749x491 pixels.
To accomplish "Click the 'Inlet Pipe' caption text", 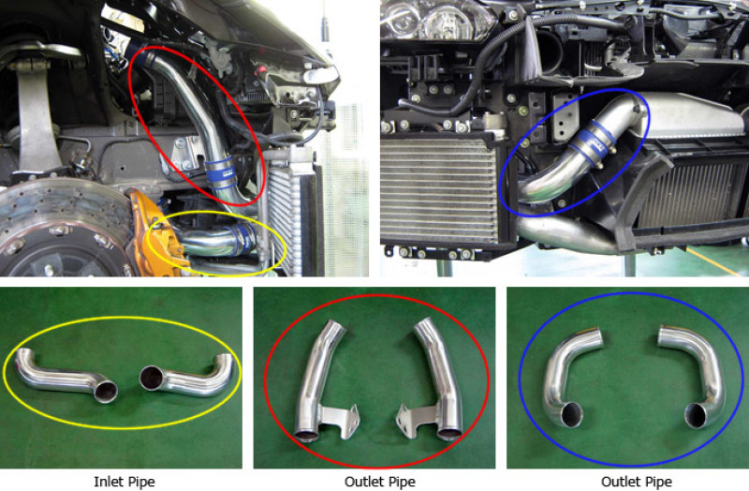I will [x=125, y=482].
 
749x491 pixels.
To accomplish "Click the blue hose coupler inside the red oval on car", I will [x=221, y=172].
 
